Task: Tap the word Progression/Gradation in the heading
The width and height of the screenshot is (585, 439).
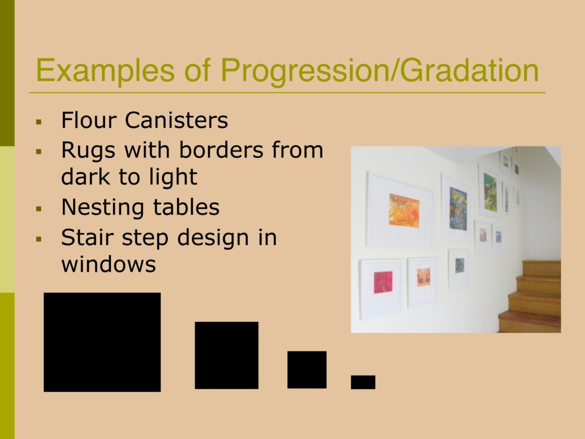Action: pyautogui.click(x=380, y=71)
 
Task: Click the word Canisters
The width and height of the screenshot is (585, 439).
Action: pyautogui.click(x=176, y=120)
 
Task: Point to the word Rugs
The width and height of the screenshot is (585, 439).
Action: pyautogui.click(x=88, y=151)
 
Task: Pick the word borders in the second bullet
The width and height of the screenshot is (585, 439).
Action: pyautogui.click(x=221, y=150)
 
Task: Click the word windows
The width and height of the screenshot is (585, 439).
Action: pyautogui.click(x=108, y=265)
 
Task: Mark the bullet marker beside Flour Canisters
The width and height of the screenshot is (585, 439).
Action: pyautogui.click(x=39, y=122)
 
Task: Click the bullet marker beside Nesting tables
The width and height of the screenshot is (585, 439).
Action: pyautogui.click(x=39, y=209)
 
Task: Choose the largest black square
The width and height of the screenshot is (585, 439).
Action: pyautogui.click(x=102, y=342)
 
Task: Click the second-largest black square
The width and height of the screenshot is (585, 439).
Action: pyautogui.click(x=226, y=356)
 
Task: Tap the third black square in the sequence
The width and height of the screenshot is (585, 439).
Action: pyautogui.click(x=307, y=370)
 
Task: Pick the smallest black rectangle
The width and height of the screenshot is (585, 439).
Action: pyautogui.click(x=363, y=382)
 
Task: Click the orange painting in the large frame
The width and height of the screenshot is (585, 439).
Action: pyautogui.click(x=404, y=210)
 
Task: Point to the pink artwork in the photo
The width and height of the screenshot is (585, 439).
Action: pyautogui.click(x=383, y=282)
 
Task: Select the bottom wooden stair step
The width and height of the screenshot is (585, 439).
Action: pyautogui.click(x=530, y=321)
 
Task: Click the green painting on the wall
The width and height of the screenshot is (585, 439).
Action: pyautogui.click(x=490, y=192)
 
